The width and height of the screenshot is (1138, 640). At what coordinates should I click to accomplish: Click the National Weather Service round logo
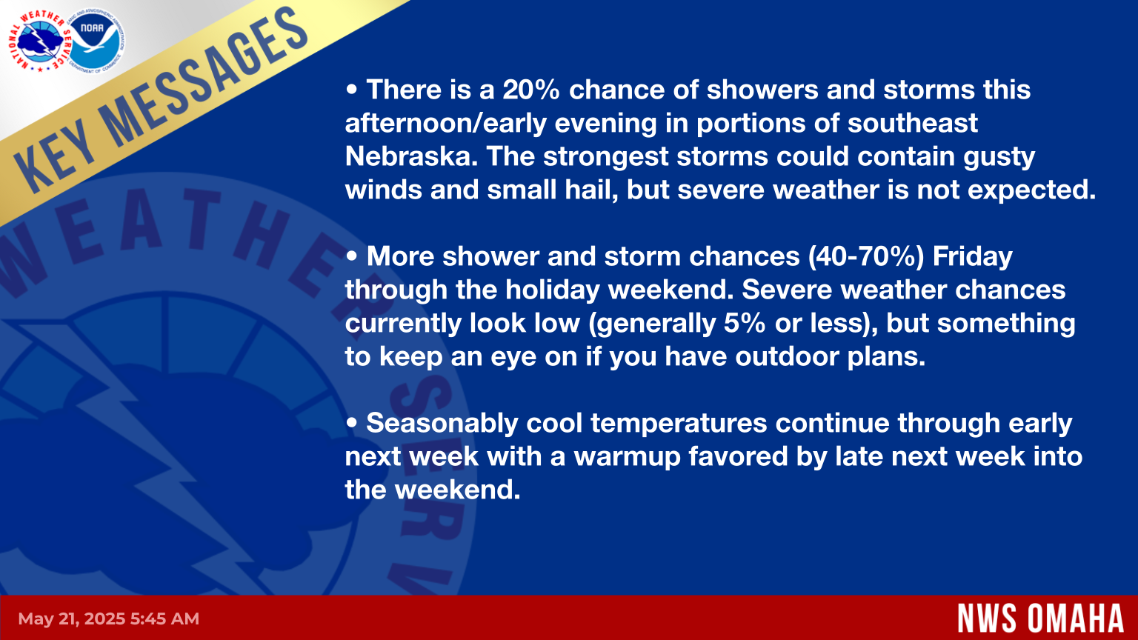[39, 40]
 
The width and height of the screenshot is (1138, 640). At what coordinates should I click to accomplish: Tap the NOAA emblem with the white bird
[94, 40]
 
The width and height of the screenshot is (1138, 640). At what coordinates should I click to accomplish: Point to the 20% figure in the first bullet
[531, 90]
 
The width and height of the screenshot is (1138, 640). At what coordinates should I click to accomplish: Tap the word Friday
[972, 257]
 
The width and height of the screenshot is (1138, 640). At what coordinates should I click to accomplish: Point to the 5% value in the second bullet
[745, 324]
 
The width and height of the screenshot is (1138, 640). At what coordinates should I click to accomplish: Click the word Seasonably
[442, 424]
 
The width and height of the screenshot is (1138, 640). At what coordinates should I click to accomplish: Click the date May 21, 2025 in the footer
[72, 619]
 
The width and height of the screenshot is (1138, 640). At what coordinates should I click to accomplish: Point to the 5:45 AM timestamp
[164, 619]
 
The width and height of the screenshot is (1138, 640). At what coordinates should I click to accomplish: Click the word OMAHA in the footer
[1076, 619]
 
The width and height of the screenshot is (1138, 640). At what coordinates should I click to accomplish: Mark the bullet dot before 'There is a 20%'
[352, 90]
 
